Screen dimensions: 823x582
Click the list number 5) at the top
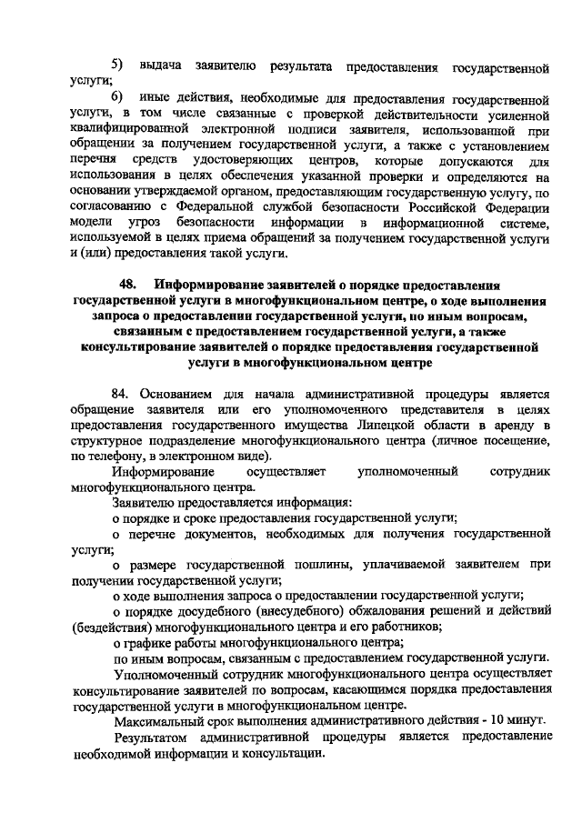click(x=118, y=65)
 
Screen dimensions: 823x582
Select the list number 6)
click(x=118, y=96)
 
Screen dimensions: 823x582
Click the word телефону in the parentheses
click(x=111, y=456)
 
